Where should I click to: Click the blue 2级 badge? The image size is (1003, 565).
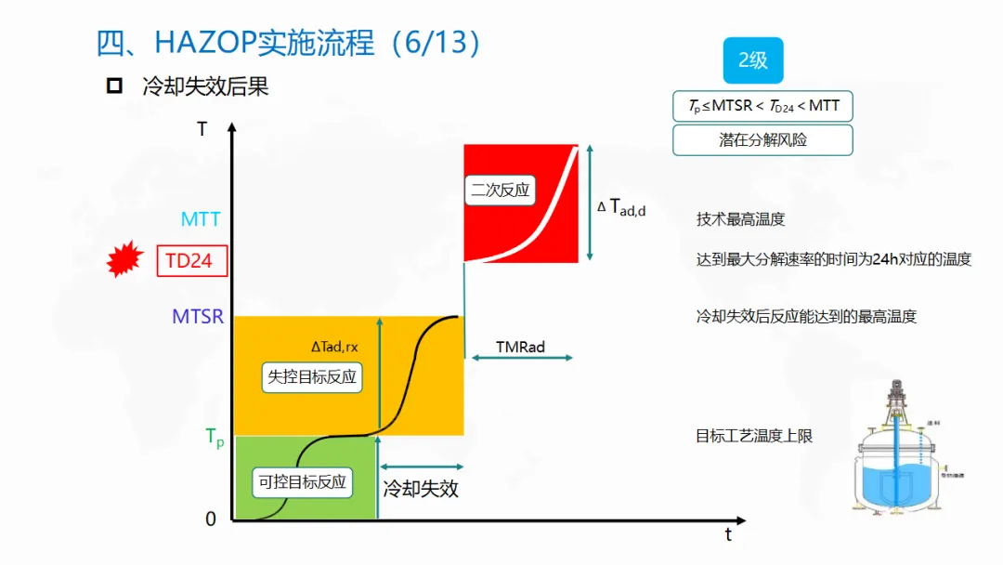[x=752, y=60]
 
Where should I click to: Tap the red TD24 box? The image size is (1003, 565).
[x=189, y=261]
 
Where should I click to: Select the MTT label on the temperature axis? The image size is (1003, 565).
[x=201, y=219]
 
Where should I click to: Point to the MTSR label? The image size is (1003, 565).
[x=198, y=317]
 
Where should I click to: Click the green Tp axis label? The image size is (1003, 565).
[x=215, y=438]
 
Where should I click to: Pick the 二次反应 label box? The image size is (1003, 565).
[x=500, y=191]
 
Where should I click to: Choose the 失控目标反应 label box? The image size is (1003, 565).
[x=312, y=377]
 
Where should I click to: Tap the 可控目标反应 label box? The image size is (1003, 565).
[x=302, y=481]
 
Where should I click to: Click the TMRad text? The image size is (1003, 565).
[x=520, y=347]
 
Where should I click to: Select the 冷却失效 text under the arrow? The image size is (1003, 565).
[x=421, y=489]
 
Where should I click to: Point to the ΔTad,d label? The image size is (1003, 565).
[x=621, y=207]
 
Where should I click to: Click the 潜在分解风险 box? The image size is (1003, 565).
[x=762, y=140]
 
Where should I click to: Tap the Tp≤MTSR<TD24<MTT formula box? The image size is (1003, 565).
[x=762, y=106]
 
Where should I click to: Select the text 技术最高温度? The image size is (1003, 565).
[x=740, y=219]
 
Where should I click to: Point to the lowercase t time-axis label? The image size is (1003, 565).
[x=728, y=535]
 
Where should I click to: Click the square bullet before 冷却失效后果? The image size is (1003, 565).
[x=114, y=87]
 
